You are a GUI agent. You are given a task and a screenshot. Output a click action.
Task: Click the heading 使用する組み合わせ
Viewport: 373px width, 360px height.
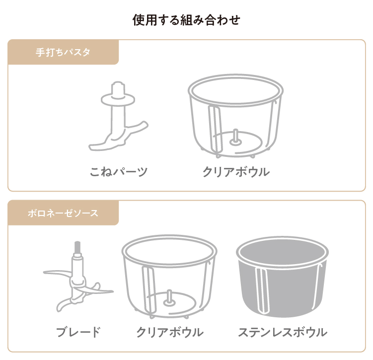click(186, 20)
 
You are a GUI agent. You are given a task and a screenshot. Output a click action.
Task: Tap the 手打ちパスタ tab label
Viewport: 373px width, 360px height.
click(63, 52)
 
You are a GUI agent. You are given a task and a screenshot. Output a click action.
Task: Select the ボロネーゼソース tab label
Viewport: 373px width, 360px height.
click(63, 213)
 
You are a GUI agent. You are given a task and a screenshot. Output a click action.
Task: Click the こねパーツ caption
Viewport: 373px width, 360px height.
click(119, 171)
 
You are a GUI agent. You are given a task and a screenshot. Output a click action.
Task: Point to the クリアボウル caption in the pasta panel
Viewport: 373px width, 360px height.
click(236, 171)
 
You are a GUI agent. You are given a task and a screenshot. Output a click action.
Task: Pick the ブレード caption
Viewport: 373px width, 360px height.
click(78, 332)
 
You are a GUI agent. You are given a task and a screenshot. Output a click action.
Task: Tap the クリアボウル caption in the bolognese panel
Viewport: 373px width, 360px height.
click(170, 332)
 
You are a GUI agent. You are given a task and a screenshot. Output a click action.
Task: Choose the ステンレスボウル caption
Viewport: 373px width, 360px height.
click(283, 332)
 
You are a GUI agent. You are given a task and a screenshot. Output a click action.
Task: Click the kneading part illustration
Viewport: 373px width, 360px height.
click(118, 116)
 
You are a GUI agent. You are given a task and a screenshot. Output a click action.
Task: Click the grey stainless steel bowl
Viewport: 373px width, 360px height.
click(282, 277)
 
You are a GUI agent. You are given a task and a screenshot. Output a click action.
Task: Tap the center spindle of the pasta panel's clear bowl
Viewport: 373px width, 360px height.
click(235, 137)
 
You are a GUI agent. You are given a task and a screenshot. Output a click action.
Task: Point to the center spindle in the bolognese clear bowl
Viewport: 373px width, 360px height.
click(169, 297)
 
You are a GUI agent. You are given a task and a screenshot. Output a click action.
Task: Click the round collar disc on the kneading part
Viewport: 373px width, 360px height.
click(118, 100)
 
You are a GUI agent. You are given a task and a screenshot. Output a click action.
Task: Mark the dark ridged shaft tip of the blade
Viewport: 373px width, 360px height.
click(77, 247)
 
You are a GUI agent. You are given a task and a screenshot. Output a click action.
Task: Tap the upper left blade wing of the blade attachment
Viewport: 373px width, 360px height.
click(58, 273)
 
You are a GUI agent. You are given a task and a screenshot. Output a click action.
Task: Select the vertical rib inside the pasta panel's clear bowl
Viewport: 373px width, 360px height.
click(215, 129)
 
